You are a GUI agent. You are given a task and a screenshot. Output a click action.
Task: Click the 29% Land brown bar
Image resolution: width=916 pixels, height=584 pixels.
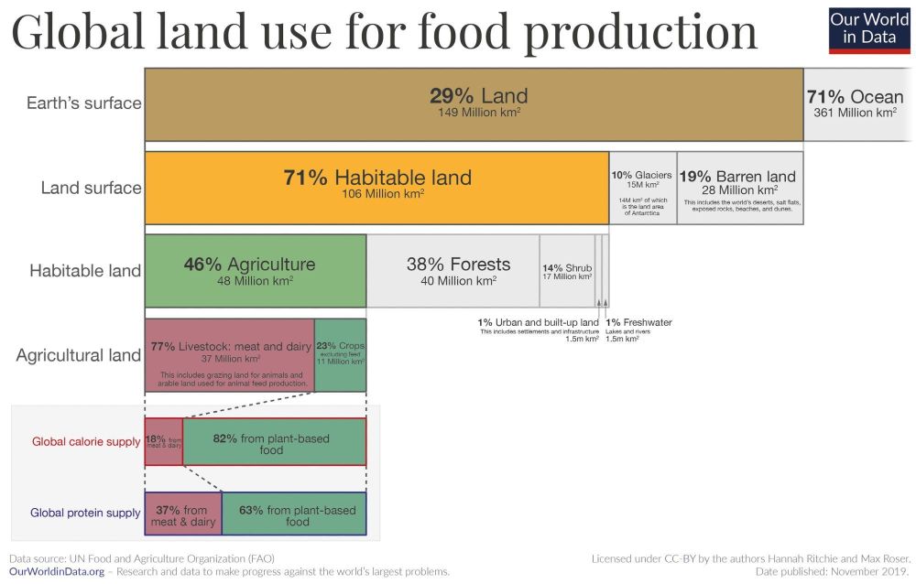tap(474, 103)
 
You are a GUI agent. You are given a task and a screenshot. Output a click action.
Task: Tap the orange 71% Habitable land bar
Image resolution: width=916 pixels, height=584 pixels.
tap(376, 187)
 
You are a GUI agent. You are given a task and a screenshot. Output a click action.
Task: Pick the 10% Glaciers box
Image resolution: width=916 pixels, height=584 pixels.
tap(642, 187)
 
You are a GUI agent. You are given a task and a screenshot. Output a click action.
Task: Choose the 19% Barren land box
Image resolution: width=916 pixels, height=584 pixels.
tap(741, 187)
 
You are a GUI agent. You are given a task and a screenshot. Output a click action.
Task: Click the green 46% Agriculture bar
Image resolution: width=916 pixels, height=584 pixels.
tap(255, 270)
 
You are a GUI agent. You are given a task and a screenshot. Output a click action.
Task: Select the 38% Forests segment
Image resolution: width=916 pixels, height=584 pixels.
tap(453, 270)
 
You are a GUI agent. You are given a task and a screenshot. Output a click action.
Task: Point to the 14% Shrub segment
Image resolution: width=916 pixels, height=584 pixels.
tap(566, 270)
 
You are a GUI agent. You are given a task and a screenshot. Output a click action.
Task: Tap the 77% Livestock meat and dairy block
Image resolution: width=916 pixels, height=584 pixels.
tap(229, 355)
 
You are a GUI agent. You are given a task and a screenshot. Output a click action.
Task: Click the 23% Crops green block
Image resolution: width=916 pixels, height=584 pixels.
tap(340, 355)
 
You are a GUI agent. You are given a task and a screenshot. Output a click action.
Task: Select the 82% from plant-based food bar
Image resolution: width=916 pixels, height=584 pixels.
tap(274, 442)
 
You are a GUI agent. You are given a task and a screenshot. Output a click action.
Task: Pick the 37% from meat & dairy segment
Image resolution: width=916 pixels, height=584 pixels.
tap(182, 514)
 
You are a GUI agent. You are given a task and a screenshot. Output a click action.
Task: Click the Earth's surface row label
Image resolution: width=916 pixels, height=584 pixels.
tap(83, 103)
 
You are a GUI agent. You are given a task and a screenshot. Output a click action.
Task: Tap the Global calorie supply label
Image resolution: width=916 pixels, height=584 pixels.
tap(86, 442)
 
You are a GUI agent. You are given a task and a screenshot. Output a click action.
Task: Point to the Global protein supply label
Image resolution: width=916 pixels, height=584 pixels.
tap(85, 514)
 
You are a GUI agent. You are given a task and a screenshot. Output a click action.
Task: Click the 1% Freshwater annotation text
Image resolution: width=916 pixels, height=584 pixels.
tap(639, 322)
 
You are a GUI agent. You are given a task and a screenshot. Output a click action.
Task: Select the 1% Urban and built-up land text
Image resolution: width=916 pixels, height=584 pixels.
tap(538, 322)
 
